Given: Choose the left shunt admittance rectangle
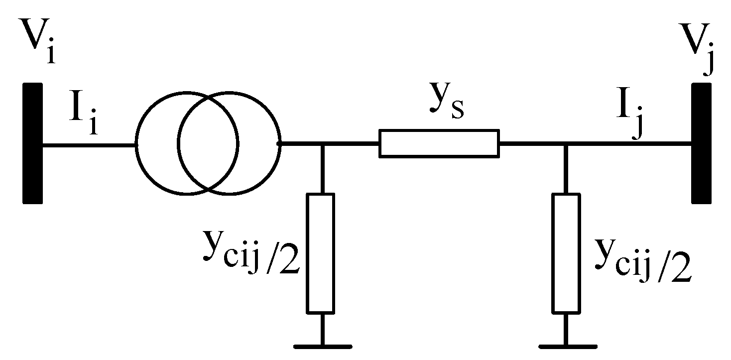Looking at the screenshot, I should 320,253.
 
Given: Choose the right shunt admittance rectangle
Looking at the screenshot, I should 566,253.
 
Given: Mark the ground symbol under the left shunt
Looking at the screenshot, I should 322,345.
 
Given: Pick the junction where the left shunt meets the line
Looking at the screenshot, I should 322,144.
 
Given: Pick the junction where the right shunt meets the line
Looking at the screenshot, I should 566,144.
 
